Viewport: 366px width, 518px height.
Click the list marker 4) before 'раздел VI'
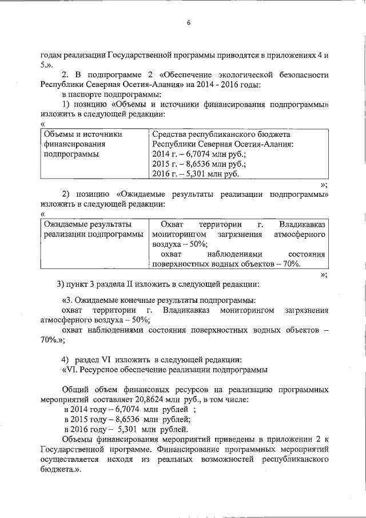(x=65, y=359)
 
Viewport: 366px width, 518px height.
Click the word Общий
(x=75, y=390)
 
